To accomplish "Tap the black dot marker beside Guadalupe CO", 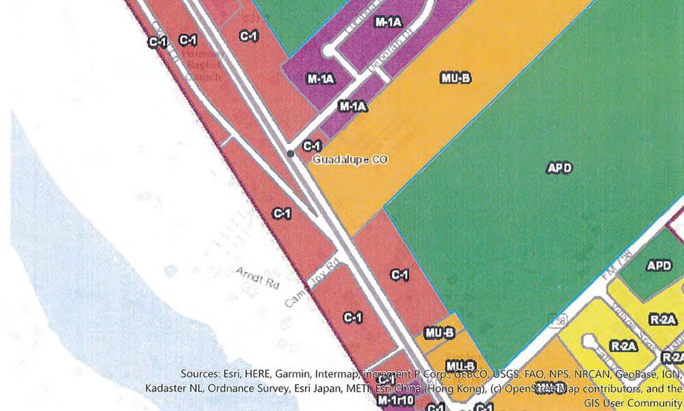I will pos(291,154).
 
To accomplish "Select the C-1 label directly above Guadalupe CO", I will pos(312,146).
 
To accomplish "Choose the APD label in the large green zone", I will pos(559,168).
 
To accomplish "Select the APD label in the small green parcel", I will pos(659,266).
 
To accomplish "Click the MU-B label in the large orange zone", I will pos(456,78).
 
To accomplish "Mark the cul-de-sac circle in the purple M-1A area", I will pos(328,50).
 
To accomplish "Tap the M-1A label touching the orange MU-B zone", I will pos(353,107).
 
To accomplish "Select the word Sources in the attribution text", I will pos(201,374).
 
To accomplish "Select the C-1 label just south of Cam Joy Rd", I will pos(353,317).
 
